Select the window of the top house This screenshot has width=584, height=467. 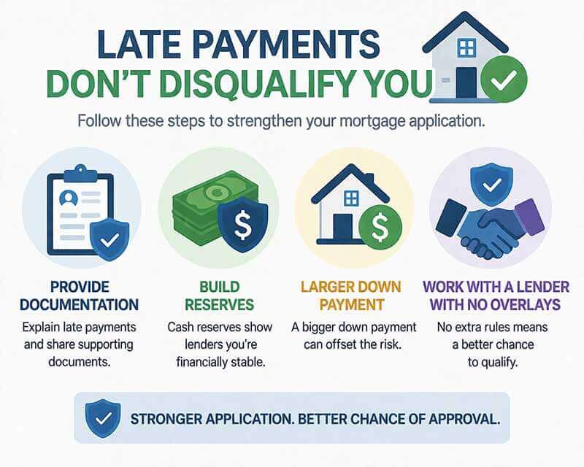click(x=466, y=48)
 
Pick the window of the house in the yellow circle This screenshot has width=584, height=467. click(x=351, y=198)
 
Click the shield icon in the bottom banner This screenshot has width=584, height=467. click(x=103, y=417)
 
